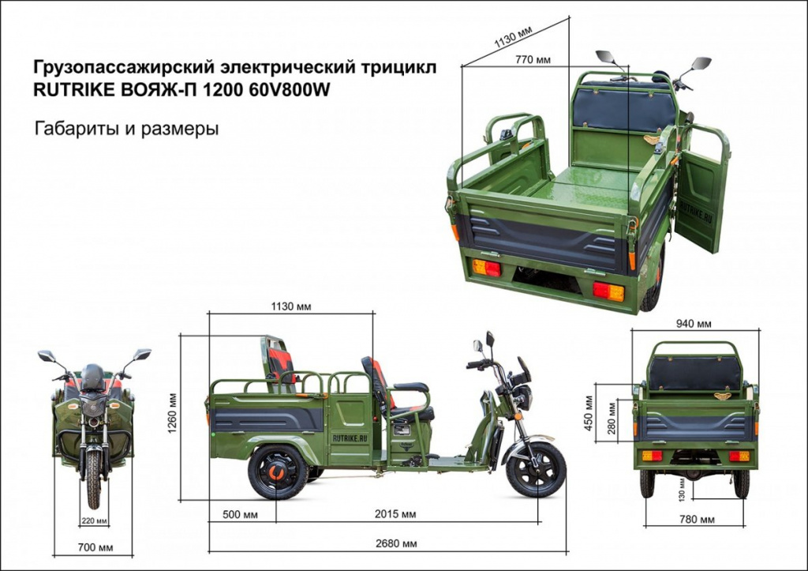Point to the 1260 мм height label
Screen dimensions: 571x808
[171, 418]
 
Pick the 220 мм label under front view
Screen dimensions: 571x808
[94, 520]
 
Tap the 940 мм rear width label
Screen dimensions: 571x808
[694, 324]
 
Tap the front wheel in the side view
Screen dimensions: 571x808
[536, 469]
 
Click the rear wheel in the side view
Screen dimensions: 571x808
[277, 472]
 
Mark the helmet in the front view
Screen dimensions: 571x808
[93, 377]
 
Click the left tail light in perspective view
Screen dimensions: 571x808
[487, 268]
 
